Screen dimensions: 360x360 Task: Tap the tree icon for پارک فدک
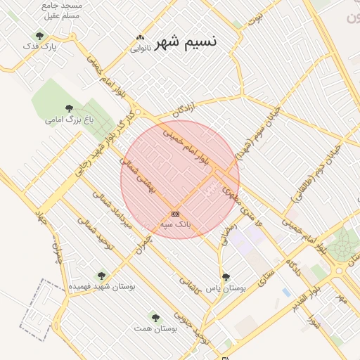coord(39,36)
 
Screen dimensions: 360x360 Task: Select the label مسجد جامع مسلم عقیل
coord(62,9)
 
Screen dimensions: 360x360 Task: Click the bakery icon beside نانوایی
coord(140,38)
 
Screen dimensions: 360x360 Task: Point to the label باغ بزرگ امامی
coord(69,120)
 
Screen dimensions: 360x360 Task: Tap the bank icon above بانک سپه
coord(175,214)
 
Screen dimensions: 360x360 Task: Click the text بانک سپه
coord(175,224)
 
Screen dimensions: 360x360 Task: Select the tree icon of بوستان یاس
coord(226,277)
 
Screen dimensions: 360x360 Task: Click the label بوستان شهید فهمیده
coord(103,287)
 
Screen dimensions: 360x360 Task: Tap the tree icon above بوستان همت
coord(155,318)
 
